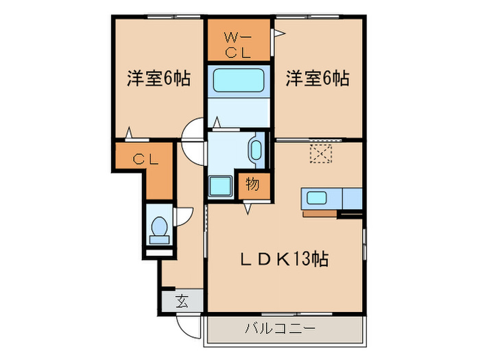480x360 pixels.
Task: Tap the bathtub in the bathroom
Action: coord(239,80)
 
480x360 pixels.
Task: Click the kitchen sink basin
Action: coord(316,199)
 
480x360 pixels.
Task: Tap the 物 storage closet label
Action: coord(252,183)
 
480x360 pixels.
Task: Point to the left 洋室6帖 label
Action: coord(158,79)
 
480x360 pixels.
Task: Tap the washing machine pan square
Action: coord(221,187)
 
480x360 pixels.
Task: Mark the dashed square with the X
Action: coord(320,152)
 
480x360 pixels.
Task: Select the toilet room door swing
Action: coord(183,215)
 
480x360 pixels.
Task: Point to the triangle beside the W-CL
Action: coord(278,32)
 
